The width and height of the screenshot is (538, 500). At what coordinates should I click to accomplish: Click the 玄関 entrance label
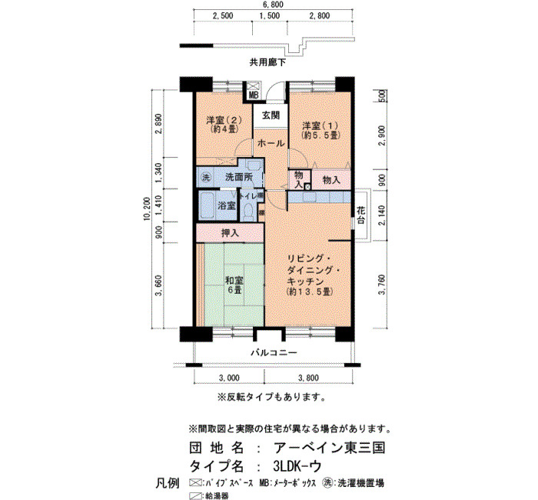[x=271, y=115]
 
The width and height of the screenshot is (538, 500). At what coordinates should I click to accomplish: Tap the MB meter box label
[x=253, y=95]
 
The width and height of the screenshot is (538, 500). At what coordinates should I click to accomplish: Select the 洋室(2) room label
[x=224, y=120]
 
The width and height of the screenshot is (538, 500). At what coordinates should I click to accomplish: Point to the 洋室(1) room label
[x=320, y=125]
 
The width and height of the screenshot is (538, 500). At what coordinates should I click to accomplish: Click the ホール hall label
[x=271, y=142]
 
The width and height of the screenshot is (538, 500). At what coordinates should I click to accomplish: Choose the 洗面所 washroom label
[x=239, y=177]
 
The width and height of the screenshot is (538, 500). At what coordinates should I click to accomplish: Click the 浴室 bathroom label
[x=227, y=205]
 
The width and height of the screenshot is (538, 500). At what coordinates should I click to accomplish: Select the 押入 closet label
[x=230, y=233]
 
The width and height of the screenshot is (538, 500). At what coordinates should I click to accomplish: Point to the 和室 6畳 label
[x=234, y=285]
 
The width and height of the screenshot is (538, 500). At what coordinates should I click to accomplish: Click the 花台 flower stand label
[x=360, y=215]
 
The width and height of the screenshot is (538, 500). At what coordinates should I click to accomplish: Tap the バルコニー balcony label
[x=274, y=352]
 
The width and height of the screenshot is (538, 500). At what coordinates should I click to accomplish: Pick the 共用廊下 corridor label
[x=267, y=62]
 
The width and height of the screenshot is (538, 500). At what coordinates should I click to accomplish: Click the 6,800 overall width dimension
[x=274, y=5]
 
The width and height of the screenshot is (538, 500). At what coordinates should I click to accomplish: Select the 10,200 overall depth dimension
[x=148, y=208]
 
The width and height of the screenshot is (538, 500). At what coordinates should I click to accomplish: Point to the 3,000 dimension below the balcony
[x=229, y=378]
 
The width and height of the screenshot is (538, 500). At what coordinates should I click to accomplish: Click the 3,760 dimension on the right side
[x=382, y=285]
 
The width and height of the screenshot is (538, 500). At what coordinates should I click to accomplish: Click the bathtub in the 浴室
[x=208, y=206]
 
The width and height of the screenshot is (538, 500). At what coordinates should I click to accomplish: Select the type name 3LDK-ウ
[x=297, y=466]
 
